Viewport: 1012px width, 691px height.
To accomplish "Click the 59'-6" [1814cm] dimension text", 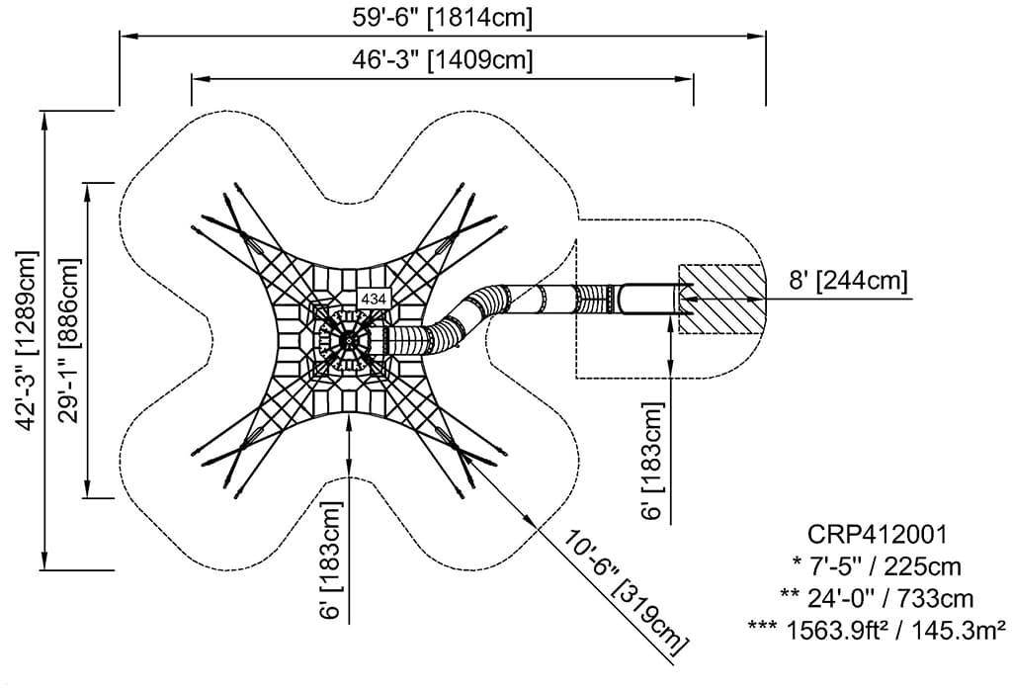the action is tap(442, 18).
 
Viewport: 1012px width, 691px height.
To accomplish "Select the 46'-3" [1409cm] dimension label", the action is tap(442, 59).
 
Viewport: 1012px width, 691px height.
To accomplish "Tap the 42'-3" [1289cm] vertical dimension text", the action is tap(29, 340).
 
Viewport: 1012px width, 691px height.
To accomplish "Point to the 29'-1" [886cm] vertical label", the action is tap(70, 340).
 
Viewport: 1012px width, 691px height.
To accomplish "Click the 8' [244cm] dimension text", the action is tap(848, 281).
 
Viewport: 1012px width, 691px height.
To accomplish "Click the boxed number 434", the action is tap(374, 299).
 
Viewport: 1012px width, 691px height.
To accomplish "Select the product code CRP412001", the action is tap(878, 534).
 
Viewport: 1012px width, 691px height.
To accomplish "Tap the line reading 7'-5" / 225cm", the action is tap(877, 566).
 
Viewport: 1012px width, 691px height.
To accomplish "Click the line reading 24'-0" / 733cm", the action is tap(877, 599).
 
